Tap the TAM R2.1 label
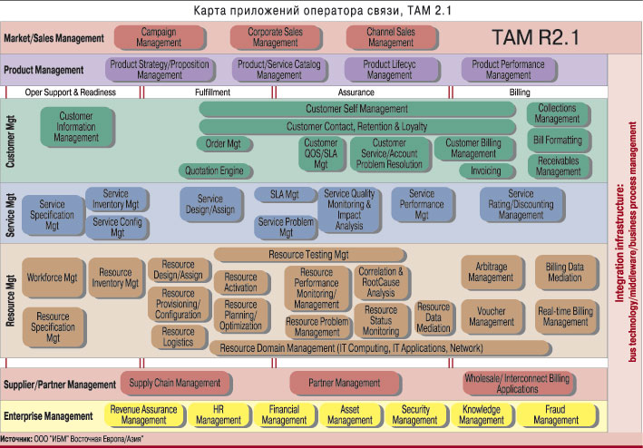tap(534, 37)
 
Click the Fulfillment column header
tap(212, 93)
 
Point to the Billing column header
tap(520, 93)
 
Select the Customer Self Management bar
tap(356, 110)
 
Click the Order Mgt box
tap(222, 143)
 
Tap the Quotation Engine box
tap(214, 170)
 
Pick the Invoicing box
tap(485, 170)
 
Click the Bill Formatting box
tap(558, 141)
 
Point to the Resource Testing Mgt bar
tap(308, 255)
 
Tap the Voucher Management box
tap(492, 317)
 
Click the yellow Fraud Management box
tap(556, 414)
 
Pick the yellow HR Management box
tap(219, 414)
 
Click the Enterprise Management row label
tap(50, 415)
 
